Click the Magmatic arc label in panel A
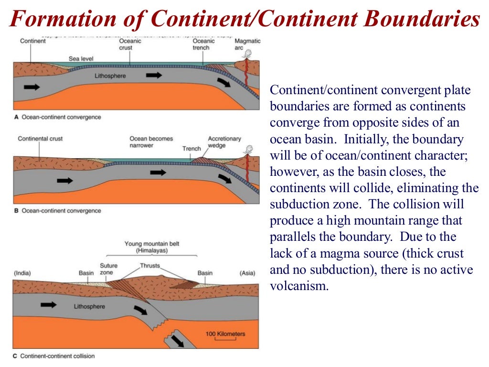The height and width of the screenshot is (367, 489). (x=247, y=44)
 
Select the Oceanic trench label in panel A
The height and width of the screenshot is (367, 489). (x=203, y=44)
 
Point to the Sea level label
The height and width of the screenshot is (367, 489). (x=81, y=59)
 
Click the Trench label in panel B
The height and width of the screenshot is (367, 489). (x=191, y=149)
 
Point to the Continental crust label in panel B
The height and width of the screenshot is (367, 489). (x=40, y=139)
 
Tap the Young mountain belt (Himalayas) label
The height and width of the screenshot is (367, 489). (x=152, y=247)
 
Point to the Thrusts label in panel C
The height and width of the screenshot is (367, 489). (x=150, y=266)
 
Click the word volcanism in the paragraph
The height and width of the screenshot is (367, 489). (x=299, y=287)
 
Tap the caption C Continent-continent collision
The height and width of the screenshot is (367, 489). (x=54, y=356)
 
